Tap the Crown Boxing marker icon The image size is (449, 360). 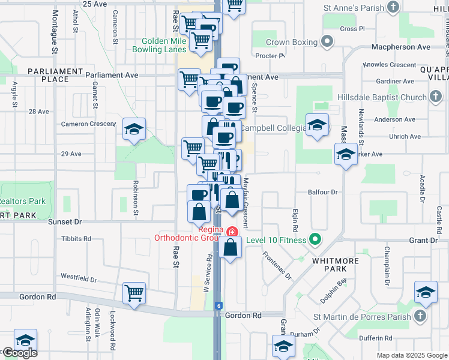(327, 42)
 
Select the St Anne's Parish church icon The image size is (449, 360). (393, 7)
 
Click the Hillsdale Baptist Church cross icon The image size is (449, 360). (436, 97)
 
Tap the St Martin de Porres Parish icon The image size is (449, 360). (420, 316)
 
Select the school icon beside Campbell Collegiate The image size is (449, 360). (316, 125)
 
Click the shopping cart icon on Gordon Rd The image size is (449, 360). (134, 292)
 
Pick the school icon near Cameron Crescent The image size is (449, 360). (134, 128)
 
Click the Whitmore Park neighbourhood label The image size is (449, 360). (335, 265)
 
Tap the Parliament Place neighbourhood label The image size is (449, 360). (55, 75)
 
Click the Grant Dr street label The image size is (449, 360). (424, 240)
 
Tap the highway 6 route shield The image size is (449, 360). (217, 305)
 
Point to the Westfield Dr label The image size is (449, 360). (79, 278)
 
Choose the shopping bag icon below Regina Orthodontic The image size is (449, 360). (231, 247)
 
